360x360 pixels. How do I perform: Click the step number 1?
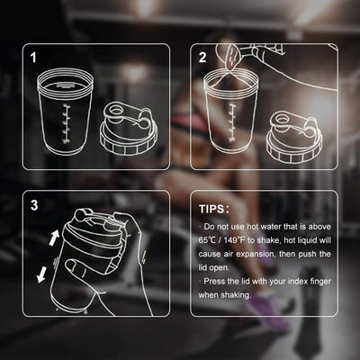[x=34, y=58]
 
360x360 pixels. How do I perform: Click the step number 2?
[x=203, y=58]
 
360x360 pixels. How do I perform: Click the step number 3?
[x=34, y=205]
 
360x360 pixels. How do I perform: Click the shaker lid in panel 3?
[x=85, y=225]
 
